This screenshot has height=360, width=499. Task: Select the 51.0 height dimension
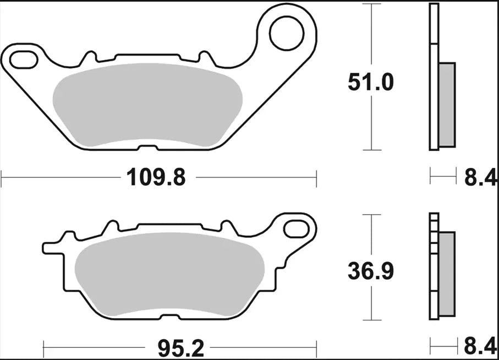370,83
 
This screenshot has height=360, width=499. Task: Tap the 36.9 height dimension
370,271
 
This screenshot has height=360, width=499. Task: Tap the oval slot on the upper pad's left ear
22,57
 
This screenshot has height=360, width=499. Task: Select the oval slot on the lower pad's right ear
298,226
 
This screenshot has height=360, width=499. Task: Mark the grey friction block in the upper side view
447,105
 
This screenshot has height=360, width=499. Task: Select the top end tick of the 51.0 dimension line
373,4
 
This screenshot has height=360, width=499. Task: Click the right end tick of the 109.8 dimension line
316,178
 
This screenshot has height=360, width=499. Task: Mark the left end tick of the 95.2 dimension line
44,348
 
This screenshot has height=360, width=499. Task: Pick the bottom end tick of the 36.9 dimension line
373,320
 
